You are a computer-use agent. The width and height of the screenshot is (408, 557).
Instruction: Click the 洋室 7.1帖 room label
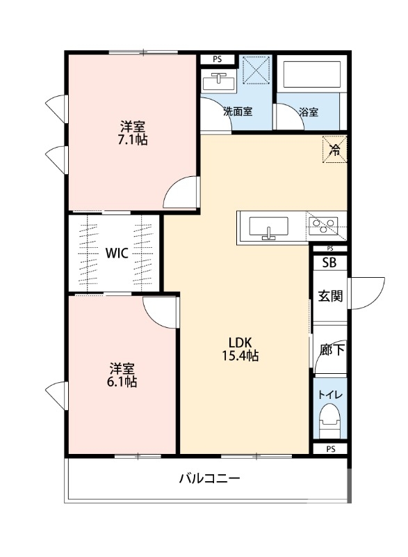[132, 133]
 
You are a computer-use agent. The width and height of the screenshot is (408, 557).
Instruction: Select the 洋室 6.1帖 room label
[122, 375]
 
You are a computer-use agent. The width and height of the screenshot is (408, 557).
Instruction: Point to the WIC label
[115, 253]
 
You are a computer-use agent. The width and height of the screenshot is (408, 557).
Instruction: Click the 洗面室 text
[237, 111]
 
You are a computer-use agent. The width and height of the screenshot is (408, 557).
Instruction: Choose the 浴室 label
[309, 111]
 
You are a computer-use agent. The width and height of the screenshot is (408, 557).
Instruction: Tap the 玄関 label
[330, 296]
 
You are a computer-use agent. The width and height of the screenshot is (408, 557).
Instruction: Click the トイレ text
[329, 395]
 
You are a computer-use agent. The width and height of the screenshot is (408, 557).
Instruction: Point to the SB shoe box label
[329, 262]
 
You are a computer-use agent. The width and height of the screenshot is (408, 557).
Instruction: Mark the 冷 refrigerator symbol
[334, 148]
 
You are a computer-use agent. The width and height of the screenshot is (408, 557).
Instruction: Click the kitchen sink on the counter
[268, 228]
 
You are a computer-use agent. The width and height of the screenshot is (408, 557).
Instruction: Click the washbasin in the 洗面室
[218, 82]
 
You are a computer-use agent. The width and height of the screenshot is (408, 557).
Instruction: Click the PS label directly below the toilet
[329, 449]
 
